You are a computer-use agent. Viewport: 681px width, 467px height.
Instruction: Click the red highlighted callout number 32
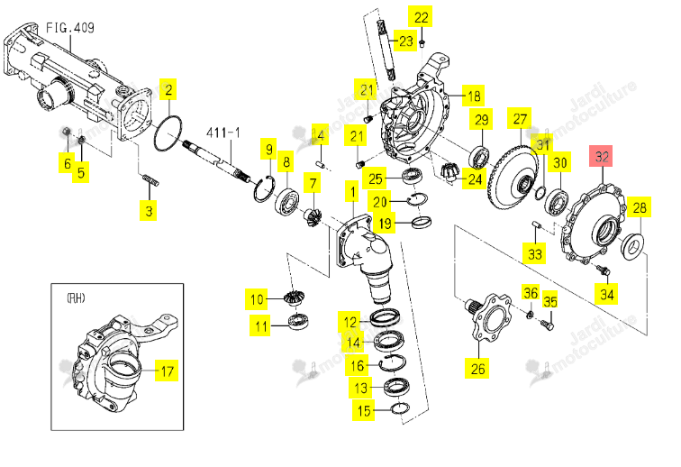click(601, 156)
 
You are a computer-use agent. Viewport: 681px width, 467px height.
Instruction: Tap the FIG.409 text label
click(70, 28)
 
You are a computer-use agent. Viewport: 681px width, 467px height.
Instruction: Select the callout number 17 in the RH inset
click(168, 371)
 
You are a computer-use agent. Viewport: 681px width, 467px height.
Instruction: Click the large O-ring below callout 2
click(168, 133)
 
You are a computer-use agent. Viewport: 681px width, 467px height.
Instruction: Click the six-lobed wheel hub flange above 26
click(488, 318)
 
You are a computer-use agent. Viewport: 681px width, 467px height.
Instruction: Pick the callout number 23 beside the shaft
click(405, 41)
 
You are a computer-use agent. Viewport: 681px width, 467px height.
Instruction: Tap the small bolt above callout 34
click(604, 270)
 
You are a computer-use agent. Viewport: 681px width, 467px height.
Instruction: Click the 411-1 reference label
click(222, 133)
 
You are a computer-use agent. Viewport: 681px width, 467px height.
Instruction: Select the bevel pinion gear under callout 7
click(313, 217)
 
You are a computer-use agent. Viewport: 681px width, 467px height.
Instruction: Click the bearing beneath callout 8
click(286, 200)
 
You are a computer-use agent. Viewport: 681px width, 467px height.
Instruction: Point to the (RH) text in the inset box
click(76, 298)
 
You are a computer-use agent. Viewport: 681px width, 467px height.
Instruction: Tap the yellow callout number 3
click(149, 211)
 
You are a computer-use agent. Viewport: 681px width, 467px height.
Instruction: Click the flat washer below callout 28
click(632, 246)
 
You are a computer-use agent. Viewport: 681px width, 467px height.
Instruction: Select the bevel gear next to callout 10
click(293, 298)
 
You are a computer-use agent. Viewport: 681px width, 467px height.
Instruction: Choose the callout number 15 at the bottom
click(364, 410)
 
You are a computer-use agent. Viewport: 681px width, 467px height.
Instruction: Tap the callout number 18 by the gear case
click(474, 96)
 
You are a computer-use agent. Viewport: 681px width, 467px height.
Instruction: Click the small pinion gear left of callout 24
click(449, 171)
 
